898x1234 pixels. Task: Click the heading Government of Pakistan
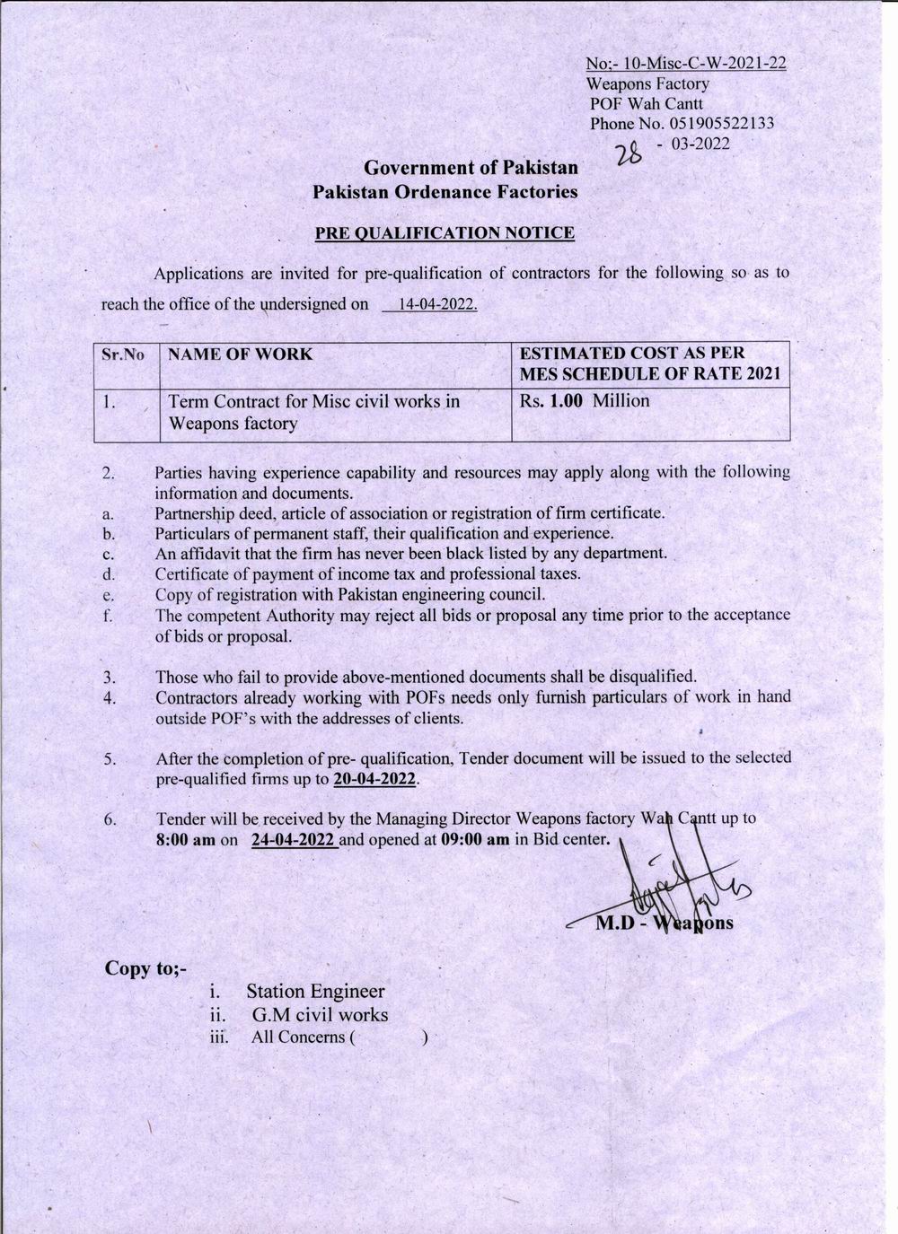pos(471,168)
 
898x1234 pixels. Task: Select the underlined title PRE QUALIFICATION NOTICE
pos(445,233)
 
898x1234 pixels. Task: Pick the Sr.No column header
pos(123,354)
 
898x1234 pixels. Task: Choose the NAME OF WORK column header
pos(240,354)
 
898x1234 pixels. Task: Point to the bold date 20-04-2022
pos(374,779)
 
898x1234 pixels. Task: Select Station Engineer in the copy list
pos(315,992)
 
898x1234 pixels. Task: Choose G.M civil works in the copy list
pos(321,1015)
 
